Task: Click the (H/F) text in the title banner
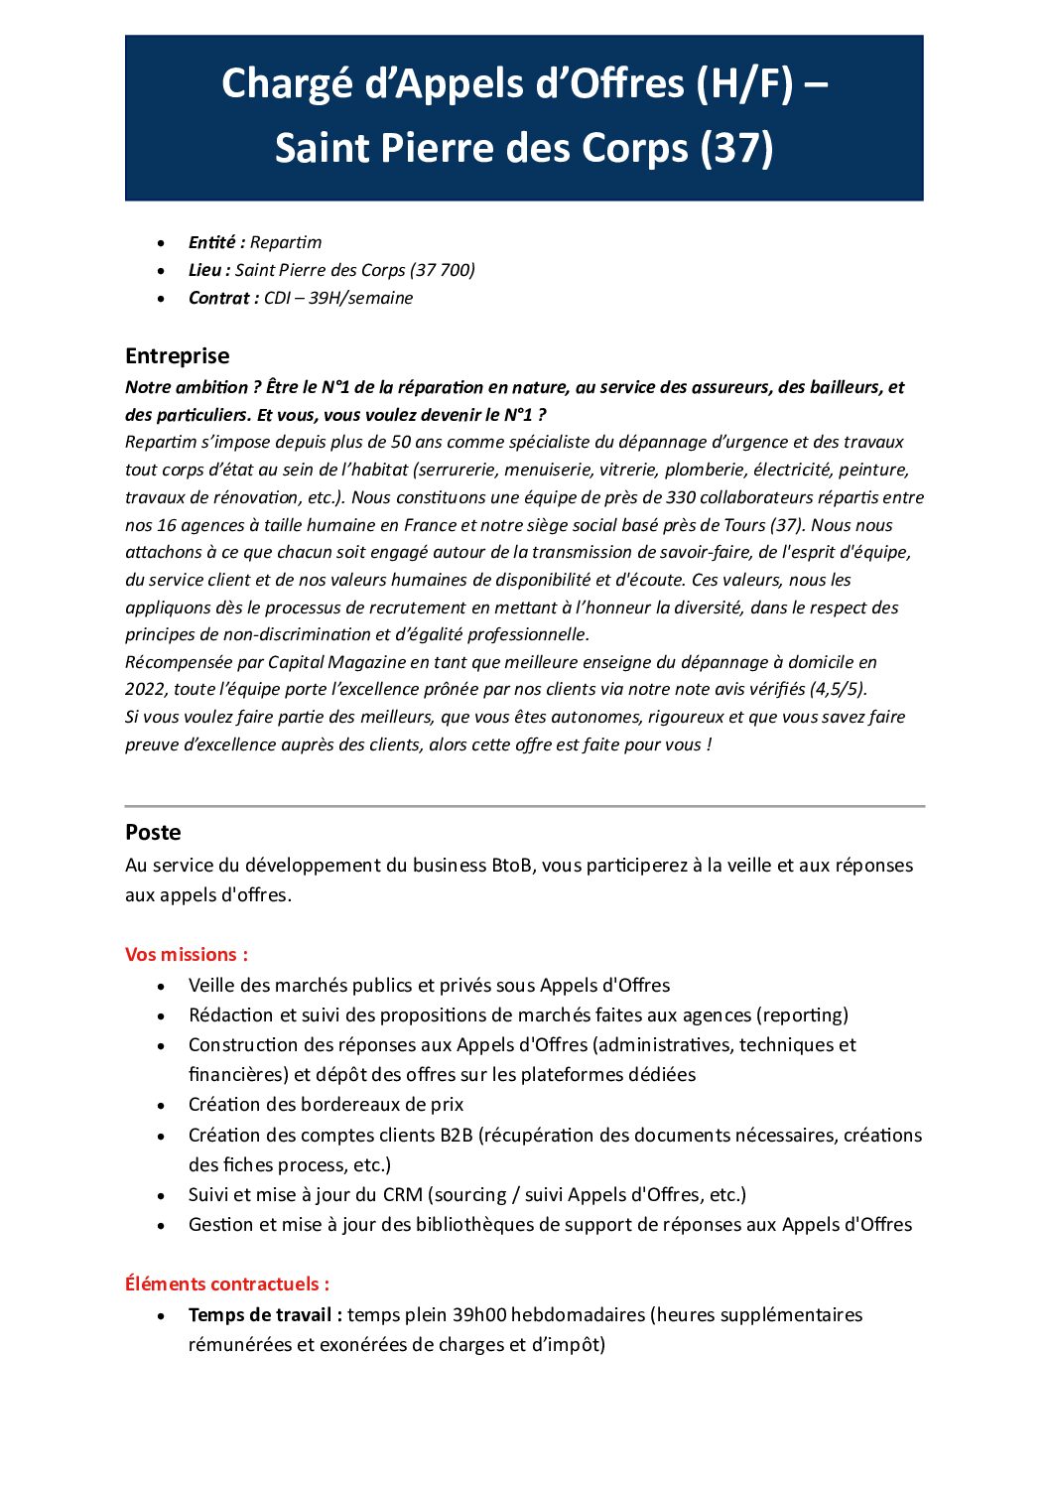pyautogui.click(x=744, y=84)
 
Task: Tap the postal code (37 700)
pyautogui.click(x=443, y=270)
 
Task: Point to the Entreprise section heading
pyautogui.click(x=177, y=356)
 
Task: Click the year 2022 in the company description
pyautogui.click(x=145, y=689)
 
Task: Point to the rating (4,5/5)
pyautogui.click(x=838, y=689)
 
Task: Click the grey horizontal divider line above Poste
pyautogui.click(x=524, y=806)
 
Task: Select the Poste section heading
pyautogui.click(x=153, y=833)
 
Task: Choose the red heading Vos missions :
pyautogui.click(x=187, y=955)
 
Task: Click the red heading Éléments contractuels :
pyautogui.click(x=227, y=1284)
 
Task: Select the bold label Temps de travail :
pyautogui.click(x=265, y=1315)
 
